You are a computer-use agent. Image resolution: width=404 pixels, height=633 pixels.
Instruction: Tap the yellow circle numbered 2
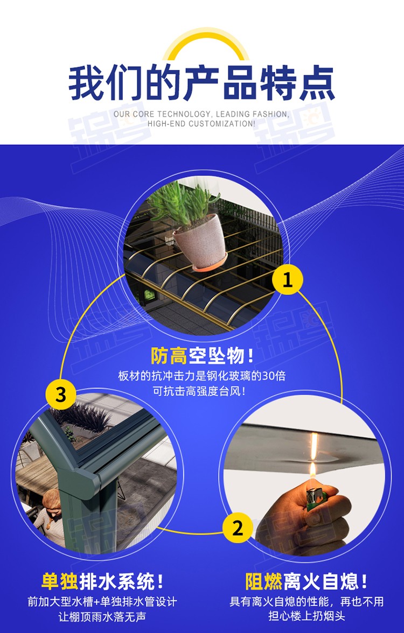238,528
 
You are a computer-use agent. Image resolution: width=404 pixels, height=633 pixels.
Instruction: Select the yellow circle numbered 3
60,395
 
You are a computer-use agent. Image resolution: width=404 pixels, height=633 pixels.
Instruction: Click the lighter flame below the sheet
312,470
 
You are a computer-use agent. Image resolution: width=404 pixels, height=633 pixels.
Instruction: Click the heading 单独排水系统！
103,582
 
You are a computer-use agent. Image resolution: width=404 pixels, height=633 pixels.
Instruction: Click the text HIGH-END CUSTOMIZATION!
201,124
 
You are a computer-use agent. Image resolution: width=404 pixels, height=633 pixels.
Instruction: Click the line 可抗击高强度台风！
199,391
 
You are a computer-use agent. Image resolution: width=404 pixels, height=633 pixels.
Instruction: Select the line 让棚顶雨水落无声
102,617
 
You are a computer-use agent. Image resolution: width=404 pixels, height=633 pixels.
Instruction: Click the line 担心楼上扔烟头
307,616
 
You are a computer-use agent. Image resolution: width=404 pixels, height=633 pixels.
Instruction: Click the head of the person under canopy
51,500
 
